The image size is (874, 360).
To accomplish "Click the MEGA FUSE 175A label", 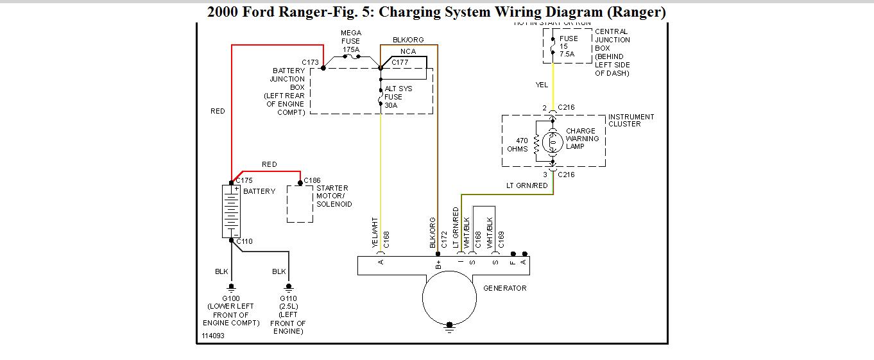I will click(x=350, y=41).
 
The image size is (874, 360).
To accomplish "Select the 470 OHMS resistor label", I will click(x=518, y=144).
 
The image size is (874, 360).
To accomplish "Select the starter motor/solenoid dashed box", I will click(x=300, y=204).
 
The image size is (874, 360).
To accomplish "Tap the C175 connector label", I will click(x=244, y=180).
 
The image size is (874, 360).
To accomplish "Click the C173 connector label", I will click(x=311, y=62).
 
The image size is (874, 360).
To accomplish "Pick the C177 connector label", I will click(x=400, y=62).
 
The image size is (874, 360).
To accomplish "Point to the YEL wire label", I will click(x=542, y=85).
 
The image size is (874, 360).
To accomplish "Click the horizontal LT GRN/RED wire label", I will click(x=527, y=186).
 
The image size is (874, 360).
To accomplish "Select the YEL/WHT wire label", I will click(x=375, y=232).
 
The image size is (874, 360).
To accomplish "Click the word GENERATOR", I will click(x=504, y=288).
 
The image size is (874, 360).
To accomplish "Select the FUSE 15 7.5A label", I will click(x=568, y=46).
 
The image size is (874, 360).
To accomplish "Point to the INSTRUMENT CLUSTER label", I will click(x=631, y=121).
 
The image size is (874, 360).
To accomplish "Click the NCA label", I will click(x=407, y=51).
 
